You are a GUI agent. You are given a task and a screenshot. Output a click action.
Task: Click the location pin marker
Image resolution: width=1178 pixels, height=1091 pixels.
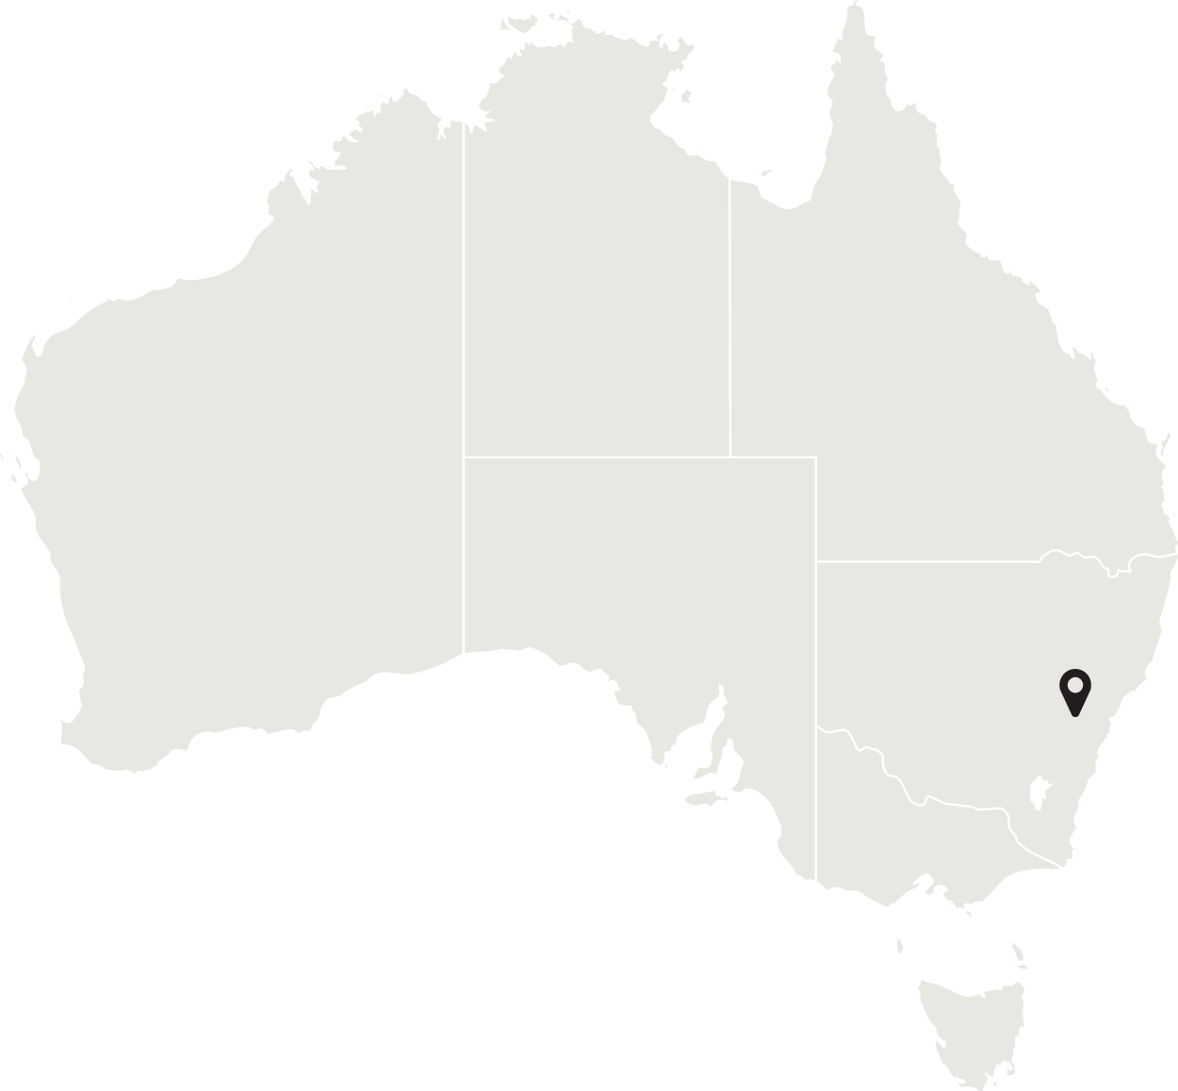[1074, 692]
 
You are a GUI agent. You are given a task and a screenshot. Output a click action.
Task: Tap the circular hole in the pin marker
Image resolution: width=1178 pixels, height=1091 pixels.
[1074, 683]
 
